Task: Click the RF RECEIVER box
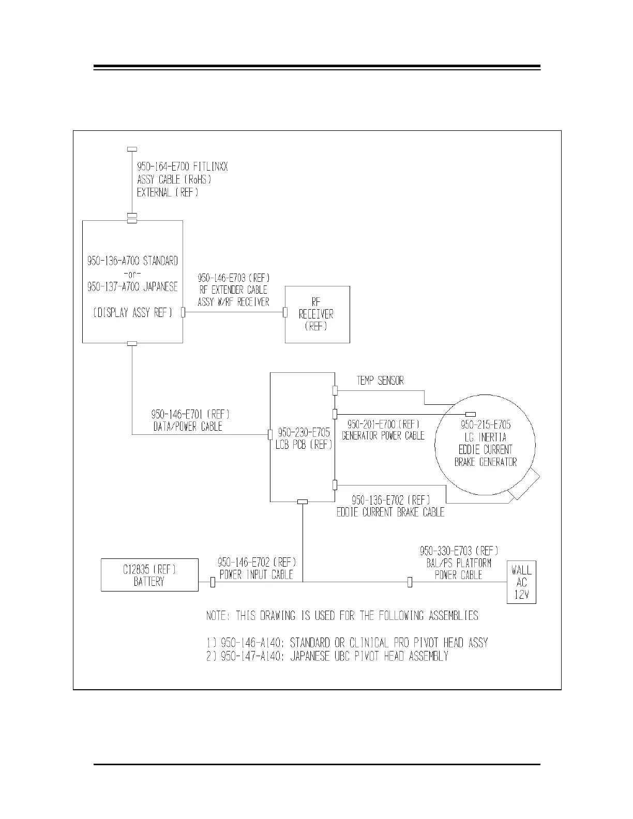click(318, 314)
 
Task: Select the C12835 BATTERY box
click(149, 575)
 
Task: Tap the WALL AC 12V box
click(521, 582)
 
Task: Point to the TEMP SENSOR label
click(380, 381)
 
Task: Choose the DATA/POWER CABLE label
click(188, 427)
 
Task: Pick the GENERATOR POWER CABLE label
click(383, 435)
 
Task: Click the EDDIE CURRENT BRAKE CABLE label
click(390, 512)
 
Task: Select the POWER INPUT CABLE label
click(257, 574)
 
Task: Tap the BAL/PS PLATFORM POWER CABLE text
click(458, 569)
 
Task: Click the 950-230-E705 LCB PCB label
click(304, 438)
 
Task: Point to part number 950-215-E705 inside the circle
click(486, 424)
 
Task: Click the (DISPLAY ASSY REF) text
click(133, 312)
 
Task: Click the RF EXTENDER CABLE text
click(233, 290)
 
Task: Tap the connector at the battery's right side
click(213, 583)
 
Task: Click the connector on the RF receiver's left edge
click(284, 312)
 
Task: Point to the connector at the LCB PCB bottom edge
click(303, 502)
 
